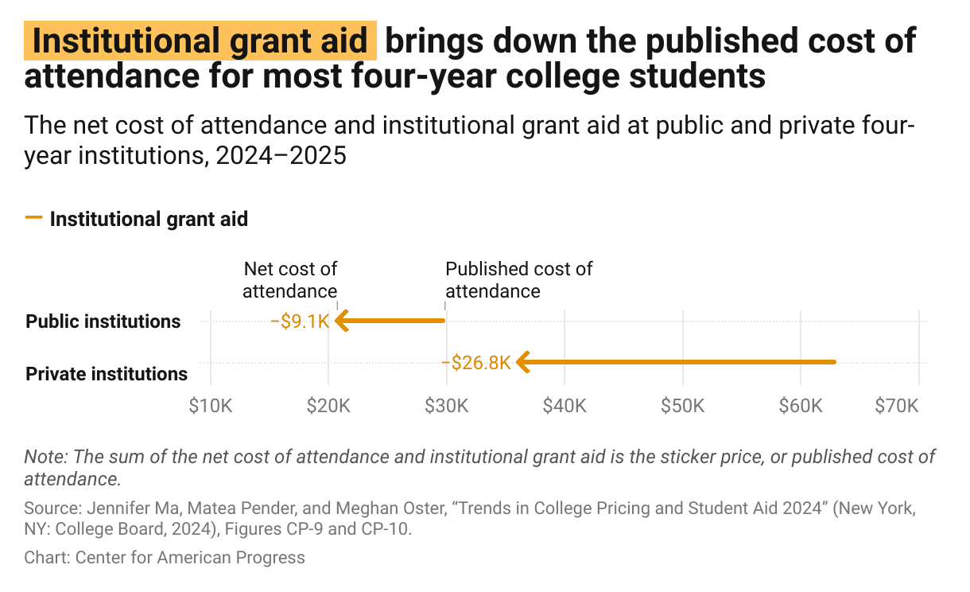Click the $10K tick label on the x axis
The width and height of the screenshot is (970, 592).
[x=210, y=406]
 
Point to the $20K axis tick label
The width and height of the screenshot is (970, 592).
[x=328, y=406]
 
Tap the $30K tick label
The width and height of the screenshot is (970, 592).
[x=446, y=406]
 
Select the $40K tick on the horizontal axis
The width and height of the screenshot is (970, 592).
[x=565, y=406]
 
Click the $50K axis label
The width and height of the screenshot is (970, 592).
[x=682, y=406]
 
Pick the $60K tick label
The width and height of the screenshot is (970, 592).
[x=801, y=406]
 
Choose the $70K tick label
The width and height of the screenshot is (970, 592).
[x=896, y=406]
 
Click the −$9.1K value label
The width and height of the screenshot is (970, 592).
[x=300, y=321]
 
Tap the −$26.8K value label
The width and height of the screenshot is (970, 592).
[x=475, y=363]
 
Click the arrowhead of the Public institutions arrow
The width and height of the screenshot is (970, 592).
[x=342, y=321]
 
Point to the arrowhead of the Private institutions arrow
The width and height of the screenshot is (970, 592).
[x=522, y=363]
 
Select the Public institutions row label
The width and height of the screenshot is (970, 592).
[x=103, y=321]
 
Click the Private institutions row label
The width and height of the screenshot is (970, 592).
[x=107, y=373]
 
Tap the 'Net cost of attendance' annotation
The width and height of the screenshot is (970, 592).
[x=290, y=280]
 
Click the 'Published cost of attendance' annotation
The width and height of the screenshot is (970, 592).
[x=518, y=280]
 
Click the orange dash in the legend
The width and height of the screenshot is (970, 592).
[x=33, y=218]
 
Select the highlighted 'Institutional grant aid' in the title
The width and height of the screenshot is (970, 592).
[x=201, y=42]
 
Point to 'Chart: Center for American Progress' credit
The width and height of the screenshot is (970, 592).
[x=165, y=557]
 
